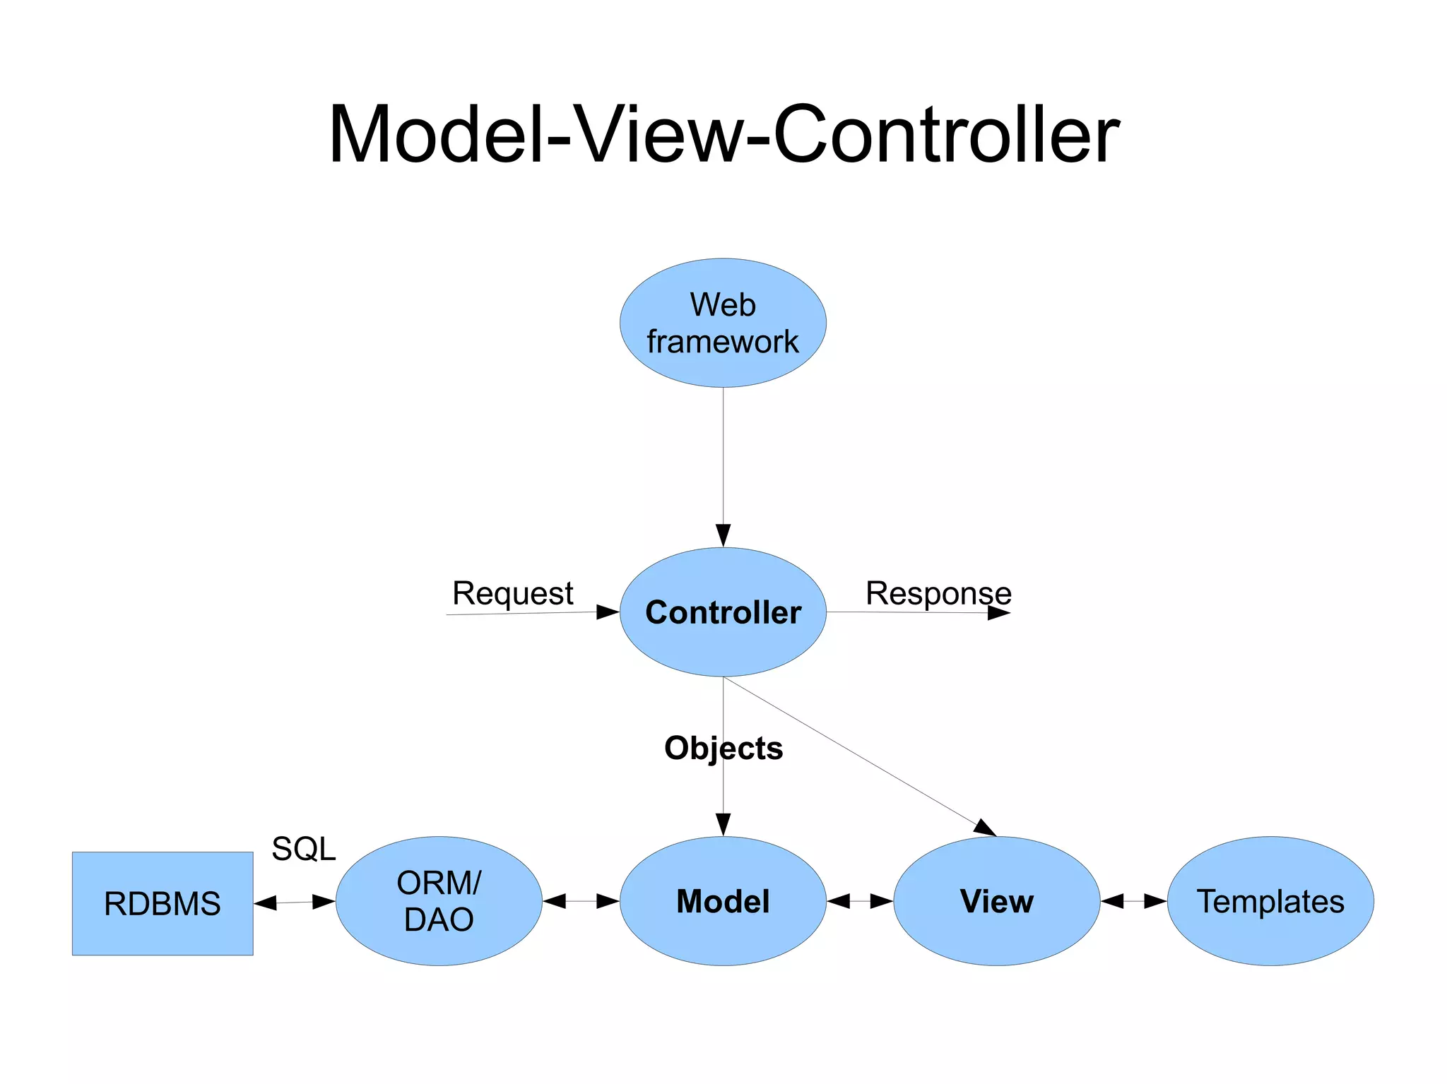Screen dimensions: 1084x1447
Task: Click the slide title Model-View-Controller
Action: pos(723,134)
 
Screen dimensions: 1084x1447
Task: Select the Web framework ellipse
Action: pos(723,323)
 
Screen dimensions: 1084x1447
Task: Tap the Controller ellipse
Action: pos(723,612)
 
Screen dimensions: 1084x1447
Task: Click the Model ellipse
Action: pos(723,901)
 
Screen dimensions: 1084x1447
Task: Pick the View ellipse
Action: pos(996,901)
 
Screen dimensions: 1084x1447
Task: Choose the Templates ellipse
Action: pos(1270,901)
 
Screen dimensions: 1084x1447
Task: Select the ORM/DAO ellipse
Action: pos(439,901)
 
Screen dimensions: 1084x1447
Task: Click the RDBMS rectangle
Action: pos(163,903)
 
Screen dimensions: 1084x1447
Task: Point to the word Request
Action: pos(512,593)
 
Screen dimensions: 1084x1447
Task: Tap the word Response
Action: pos(938,593)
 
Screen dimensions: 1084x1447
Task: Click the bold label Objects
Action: pos(723,748)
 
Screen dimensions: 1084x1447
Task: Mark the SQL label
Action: pos(304,848)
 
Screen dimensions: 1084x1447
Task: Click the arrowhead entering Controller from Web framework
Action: pos(723,536)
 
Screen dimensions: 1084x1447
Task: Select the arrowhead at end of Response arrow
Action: pos(998,613)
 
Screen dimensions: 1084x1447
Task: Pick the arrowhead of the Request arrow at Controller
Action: pos(607,612)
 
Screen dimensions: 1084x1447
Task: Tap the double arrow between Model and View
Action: pos(860,901)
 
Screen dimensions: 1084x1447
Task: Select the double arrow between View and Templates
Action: pos(1133,901)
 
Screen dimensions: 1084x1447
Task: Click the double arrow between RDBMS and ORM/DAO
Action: pos(294,902)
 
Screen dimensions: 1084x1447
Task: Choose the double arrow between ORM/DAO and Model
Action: pos(581,901)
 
